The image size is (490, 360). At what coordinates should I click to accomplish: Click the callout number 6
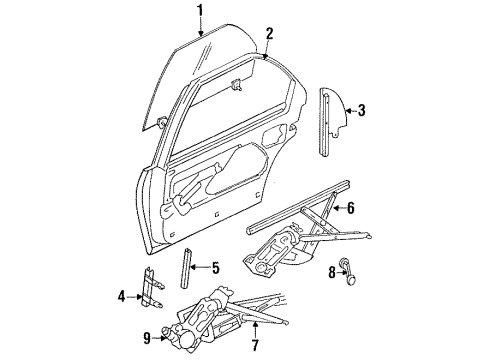click(351, 208)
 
